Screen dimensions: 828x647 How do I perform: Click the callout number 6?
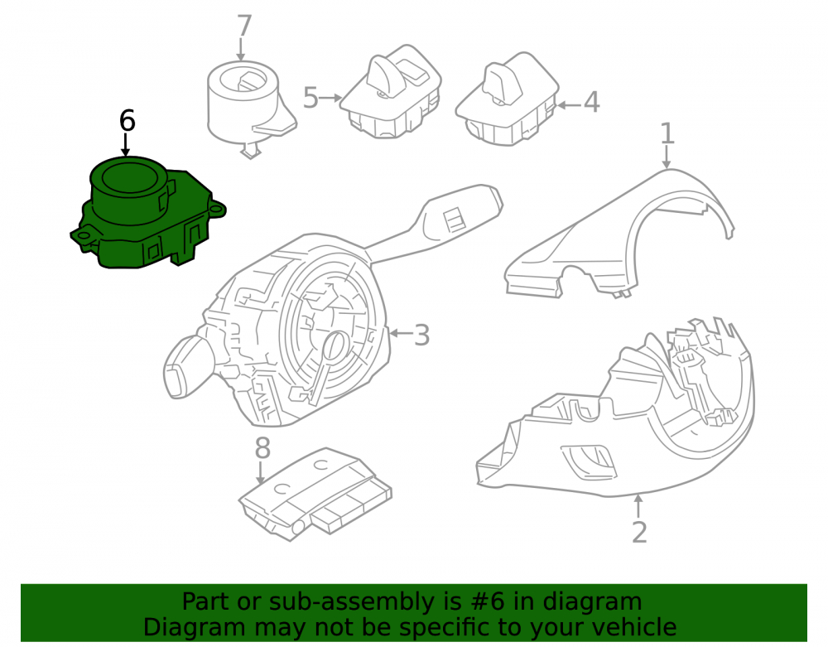click(x=128, y=121)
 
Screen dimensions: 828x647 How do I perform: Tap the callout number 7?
click(x=244, y=26)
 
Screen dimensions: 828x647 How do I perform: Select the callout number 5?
click(x=310, y=98)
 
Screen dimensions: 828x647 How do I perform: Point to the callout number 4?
click(x=591, y=102)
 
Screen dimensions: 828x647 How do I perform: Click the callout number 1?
click(x=667, y=133)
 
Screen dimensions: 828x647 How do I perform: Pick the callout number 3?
click(x=421, y=335)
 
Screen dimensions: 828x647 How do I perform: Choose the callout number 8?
click(x=262, y=448)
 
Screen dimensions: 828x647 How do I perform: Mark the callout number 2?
click(x=639, y=532)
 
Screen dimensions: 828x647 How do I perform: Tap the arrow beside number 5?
click(x=330, y=98)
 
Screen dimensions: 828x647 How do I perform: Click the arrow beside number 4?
click(x=569, y=105)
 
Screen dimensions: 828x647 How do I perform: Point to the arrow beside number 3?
click(x=401, y=333)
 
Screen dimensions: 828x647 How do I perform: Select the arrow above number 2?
click(x=639, y=506)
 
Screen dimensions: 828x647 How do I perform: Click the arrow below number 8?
click(x=260, y=473)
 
